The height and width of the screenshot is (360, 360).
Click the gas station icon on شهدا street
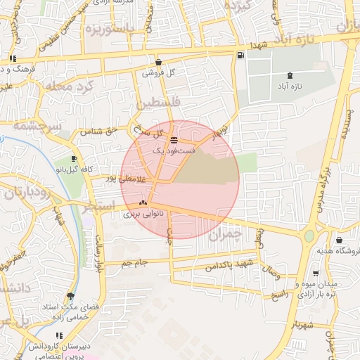(x=242, y=55)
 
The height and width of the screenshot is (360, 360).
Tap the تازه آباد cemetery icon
(x=290, y=76)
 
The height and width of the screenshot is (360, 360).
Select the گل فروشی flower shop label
(x=158, y=72)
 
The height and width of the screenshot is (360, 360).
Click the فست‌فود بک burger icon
(x=174, y=140)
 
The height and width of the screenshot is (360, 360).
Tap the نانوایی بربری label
(x=138, y=213)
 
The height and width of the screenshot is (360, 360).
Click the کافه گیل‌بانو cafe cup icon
(x=75, y=159)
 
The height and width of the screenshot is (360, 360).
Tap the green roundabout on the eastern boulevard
(x=309, y=236)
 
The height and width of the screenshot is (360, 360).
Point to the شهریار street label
(x=314, y=325)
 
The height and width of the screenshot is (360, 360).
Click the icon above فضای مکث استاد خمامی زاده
(x=70, y=296)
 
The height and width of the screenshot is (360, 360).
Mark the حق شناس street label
(x=96, y=131)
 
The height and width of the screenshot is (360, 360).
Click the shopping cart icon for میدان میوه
(x=315, y=274)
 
